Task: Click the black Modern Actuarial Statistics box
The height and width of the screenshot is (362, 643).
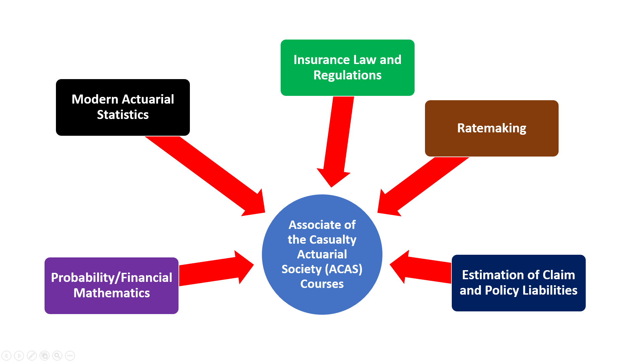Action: tap(123, 107)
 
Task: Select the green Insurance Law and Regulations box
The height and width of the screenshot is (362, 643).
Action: tap(347, 67)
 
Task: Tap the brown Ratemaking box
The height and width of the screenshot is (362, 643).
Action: tap(491, 128)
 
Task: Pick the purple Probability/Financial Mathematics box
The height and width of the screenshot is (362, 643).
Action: tap(111, 285)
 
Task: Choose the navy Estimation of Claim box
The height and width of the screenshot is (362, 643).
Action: tap(518, 283)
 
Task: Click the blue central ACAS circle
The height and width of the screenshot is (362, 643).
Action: tap(322, 254)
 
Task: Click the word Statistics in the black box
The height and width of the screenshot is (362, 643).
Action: tap(123, 115)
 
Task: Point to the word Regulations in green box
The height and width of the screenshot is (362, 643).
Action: tap(347, 75)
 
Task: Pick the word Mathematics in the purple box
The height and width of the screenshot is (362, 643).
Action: tap(112, 293)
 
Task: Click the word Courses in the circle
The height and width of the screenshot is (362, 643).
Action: tap(322, 284)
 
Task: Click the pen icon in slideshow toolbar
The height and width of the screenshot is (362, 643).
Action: tap(32, 355)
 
